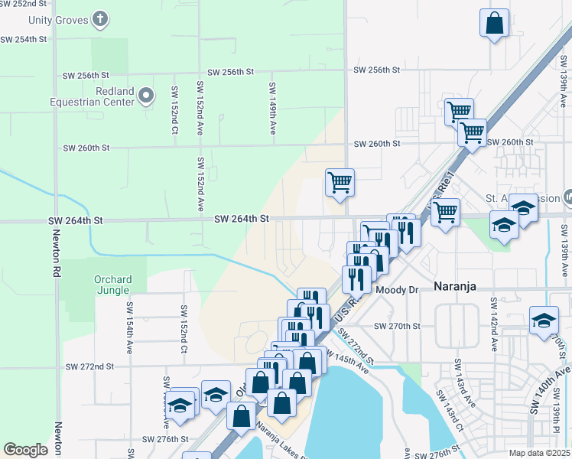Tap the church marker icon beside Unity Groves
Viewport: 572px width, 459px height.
100,17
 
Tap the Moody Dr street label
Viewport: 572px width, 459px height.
397,290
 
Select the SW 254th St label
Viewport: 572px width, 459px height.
24,38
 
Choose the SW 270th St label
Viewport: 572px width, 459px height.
397,326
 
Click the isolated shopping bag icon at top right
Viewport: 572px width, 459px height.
494,23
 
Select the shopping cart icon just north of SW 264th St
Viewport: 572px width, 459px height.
340,183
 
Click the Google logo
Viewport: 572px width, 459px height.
25,450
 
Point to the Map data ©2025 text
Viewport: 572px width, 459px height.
538,453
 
